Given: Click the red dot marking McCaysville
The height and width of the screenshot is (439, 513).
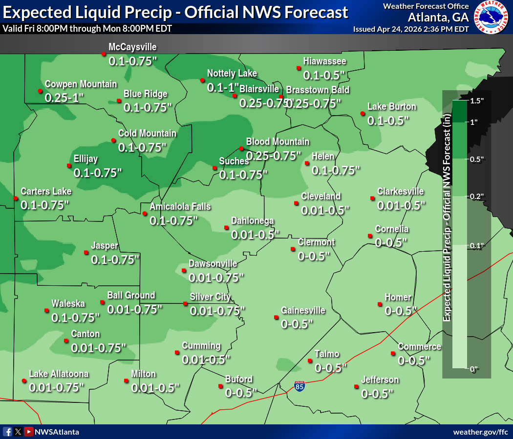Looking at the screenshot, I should click(104, 53).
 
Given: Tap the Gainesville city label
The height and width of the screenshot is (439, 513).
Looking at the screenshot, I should click(303, 310).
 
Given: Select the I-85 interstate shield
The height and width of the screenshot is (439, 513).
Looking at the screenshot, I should click(299, 387).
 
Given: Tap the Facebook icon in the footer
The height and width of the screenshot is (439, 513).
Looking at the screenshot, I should click(7, 432).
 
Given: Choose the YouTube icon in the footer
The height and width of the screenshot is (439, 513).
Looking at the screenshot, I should click(29, 432).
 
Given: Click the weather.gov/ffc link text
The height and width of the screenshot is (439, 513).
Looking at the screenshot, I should click(481, 432).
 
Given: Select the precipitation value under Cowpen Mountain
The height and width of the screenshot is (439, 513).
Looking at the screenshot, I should click(64, 97).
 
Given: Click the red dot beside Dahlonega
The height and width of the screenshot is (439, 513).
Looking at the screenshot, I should click(226, 227).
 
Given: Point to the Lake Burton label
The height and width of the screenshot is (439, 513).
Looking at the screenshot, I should click(392, 107).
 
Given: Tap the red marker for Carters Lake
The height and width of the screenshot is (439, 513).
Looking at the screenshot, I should click(16, 198).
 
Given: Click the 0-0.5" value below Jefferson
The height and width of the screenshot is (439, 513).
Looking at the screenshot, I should click(377, 393).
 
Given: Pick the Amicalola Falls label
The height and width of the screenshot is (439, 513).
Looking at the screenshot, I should click(180, 207).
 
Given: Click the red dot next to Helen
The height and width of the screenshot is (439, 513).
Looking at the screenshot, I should click(306, 163).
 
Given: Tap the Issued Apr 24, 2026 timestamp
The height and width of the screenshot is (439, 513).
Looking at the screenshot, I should click(411, 29).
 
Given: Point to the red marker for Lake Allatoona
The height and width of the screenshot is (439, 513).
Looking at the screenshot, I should click(24, 380).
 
